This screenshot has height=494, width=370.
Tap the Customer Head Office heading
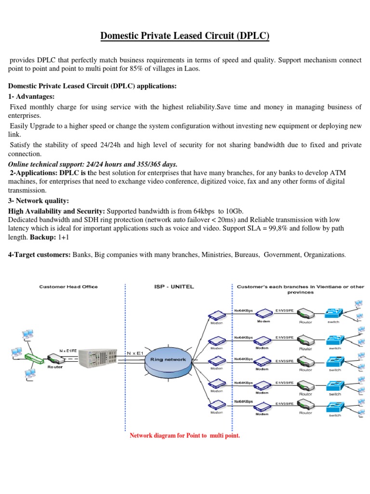coord(68,287)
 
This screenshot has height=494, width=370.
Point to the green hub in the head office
coord(33,358)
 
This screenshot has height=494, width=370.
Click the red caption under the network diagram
coord(185,436)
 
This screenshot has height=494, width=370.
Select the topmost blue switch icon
coord(334,313)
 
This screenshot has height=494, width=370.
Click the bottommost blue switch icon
coord(334,407)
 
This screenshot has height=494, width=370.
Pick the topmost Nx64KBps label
coord(243,310)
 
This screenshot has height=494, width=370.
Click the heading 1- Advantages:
coord(31,96)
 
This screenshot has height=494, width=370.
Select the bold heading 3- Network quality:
coord(38,200)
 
